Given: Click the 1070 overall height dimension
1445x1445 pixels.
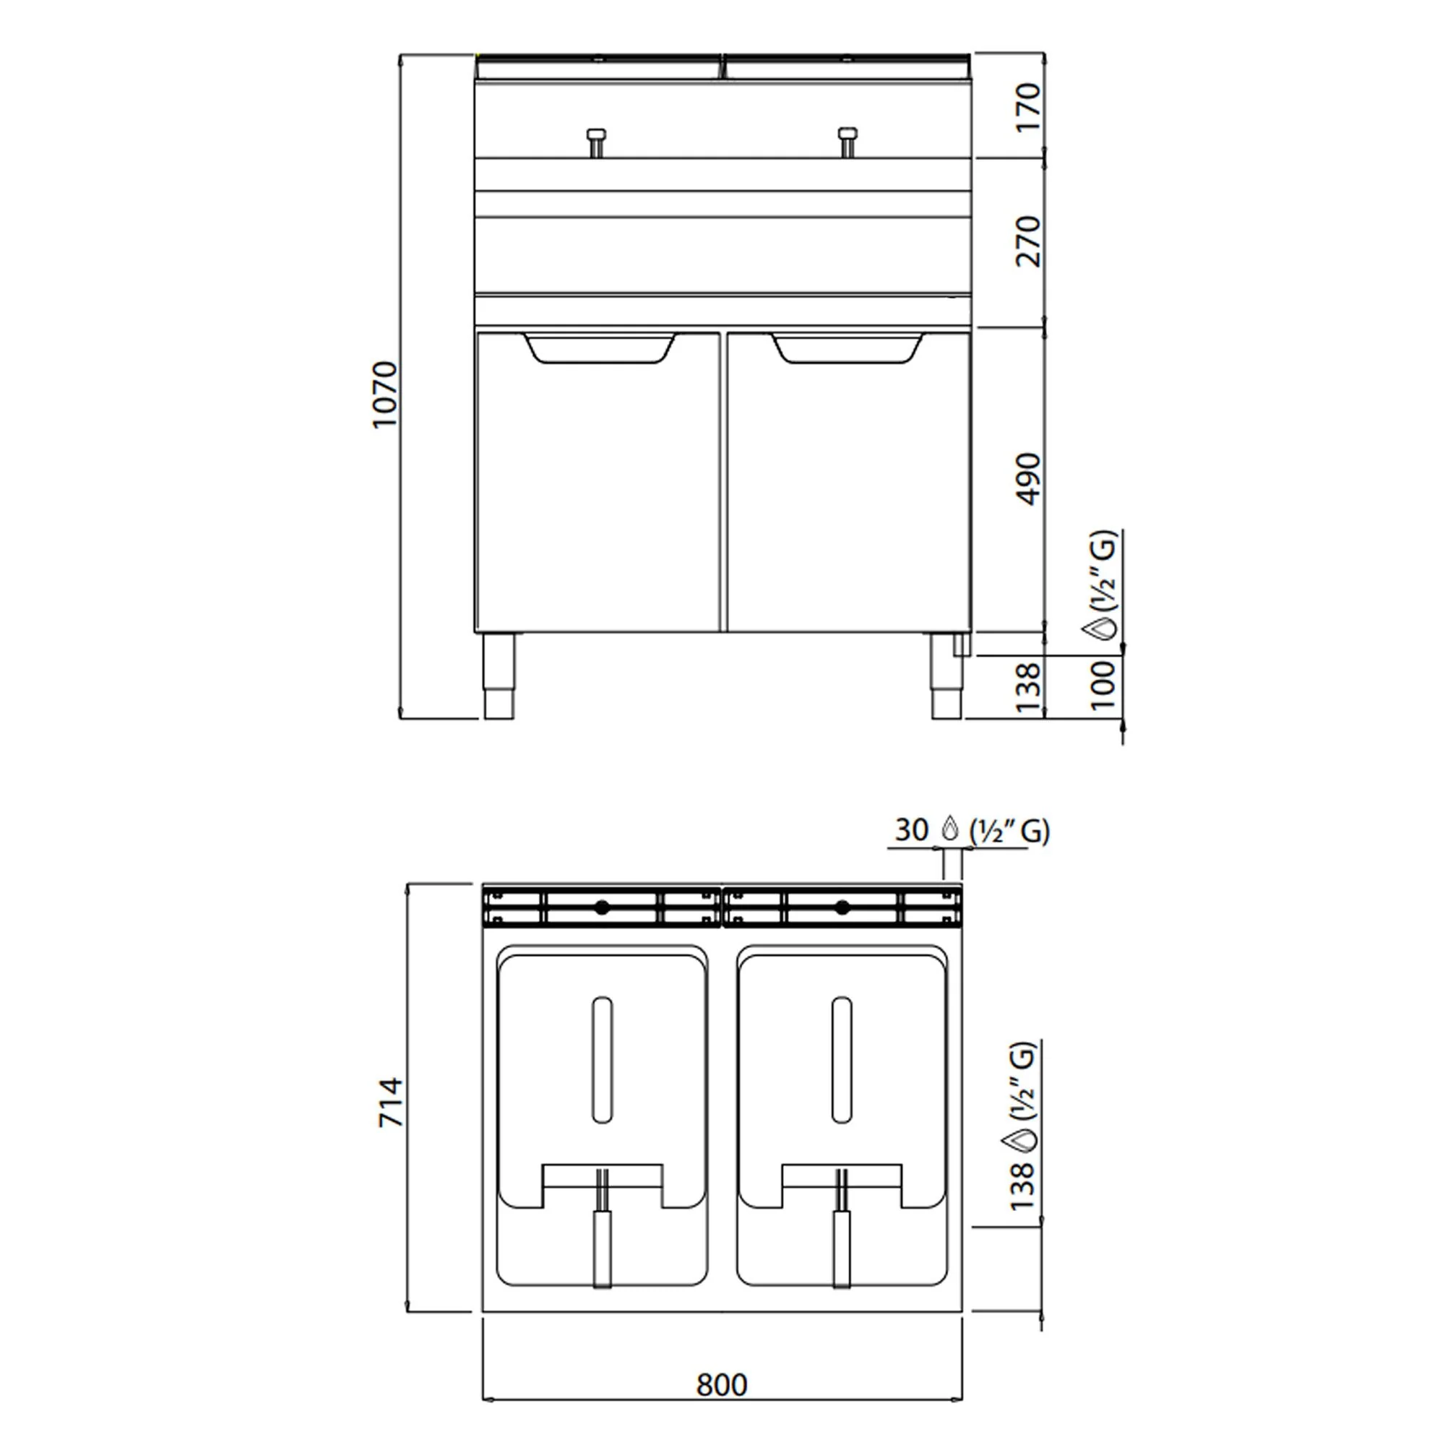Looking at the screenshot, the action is click(x=385, y=394).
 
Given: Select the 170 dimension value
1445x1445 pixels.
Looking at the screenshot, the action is click(x=1028, y=108).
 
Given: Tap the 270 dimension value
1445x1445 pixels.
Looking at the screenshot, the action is click(x=1028, y=241).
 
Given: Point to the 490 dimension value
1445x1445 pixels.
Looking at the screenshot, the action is click(x=1028, y=480).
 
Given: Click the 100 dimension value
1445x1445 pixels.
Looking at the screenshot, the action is click(x=1103, y=684).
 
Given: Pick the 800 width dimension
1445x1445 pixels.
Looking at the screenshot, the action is click(x=722, y=1385).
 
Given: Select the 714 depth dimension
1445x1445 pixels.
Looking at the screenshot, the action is click(x=390, y=1103).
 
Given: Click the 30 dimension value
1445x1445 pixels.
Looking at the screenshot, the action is click(x=912, y=830).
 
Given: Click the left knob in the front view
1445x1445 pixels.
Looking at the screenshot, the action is click(x=595, y=142).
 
